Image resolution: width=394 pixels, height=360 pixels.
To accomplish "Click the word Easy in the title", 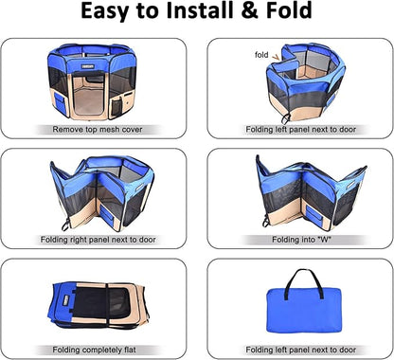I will tap(108, 15).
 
